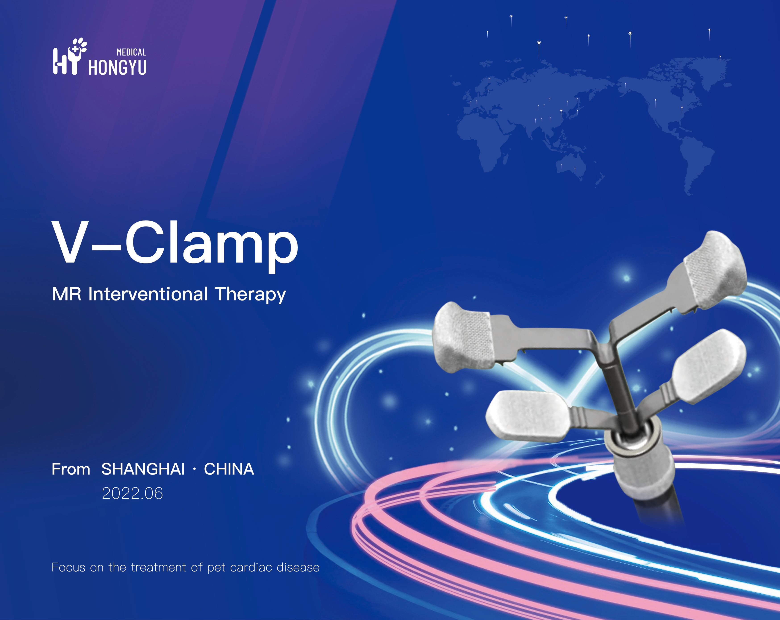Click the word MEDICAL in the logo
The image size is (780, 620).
131,52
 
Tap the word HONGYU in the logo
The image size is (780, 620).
118,68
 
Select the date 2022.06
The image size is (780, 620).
132,493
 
